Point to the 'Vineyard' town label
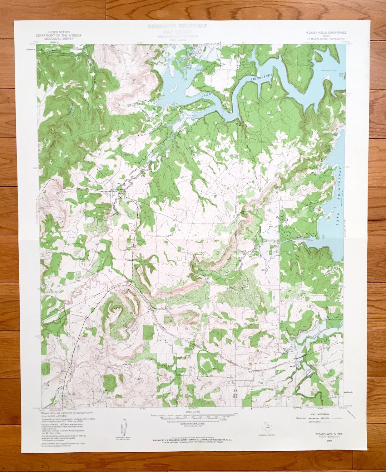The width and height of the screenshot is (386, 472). pos(127,281)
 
